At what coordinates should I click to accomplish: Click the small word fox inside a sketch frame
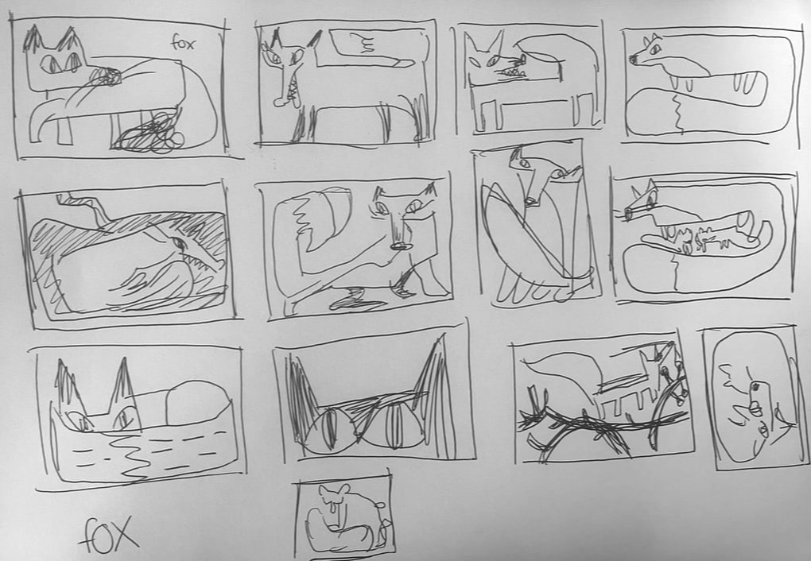tap(183, 43)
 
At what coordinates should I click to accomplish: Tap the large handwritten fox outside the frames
tap(109, 535)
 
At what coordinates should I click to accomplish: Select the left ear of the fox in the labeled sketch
tap(33, 38)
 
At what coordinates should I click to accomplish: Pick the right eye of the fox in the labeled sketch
tap(72, 62)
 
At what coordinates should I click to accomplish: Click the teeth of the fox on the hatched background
tap(203, 260)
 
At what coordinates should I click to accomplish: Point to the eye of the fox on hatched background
tap(178, 242)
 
